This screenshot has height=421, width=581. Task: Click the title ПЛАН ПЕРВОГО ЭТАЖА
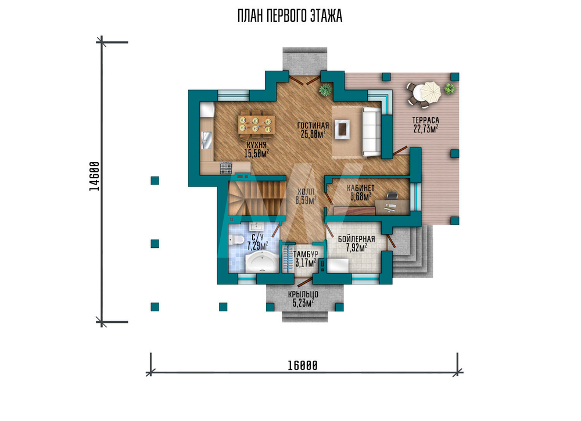pos(290,16)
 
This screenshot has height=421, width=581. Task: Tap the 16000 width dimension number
pos(303,366)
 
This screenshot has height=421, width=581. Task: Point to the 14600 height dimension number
pos(95,177)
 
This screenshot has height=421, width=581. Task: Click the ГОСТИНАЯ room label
pos(313,126)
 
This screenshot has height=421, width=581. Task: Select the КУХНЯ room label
pos(256,146)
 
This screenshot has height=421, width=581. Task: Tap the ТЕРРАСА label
pos(426,120)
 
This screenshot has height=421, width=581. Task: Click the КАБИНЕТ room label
pos(361,188)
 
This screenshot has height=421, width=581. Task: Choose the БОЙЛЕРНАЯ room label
pos(357,239)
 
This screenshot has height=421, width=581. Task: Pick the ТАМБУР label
pos(306,254)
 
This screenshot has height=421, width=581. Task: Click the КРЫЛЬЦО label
pos(303,295)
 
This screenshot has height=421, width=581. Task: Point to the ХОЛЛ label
pos(306,192)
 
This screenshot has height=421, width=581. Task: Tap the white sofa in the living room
pos(371,131)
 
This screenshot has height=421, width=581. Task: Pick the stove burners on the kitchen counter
pos(225,168)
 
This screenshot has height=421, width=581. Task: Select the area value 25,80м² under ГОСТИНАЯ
pos(313,134)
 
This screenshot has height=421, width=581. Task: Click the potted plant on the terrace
pos(450,88)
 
